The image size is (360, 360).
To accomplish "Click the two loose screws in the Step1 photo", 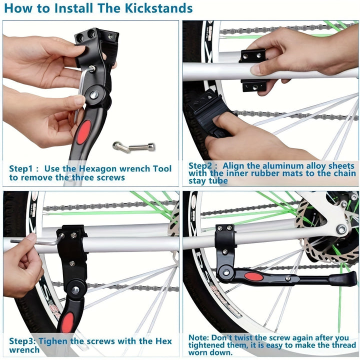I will coord(134,146).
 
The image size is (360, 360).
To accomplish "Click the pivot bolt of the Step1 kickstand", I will coord(94,94).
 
